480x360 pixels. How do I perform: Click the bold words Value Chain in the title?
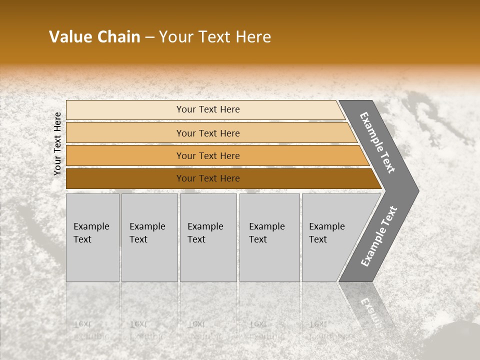click(x=94, y=37)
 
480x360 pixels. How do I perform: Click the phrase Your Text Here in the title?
click(x=215, y=37)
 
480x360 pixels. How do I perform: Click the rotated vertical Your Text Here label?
click(x=57, y=143)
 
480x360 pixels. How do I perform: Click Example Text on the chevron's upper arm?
click(x=377, y=142)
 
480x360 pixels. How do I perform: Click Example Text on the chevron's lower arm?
click(x=378, y=236)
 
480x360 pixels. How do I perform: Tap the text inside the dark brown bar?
click(x=208, y=178)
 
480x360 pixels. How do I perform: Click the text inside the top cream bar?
click(x=208, y=109)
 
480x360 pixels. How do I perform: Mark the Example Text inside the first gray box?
click(x=91, y=233)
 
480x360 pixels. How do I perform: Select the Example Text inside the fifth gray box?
click(x=326, y=233)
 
